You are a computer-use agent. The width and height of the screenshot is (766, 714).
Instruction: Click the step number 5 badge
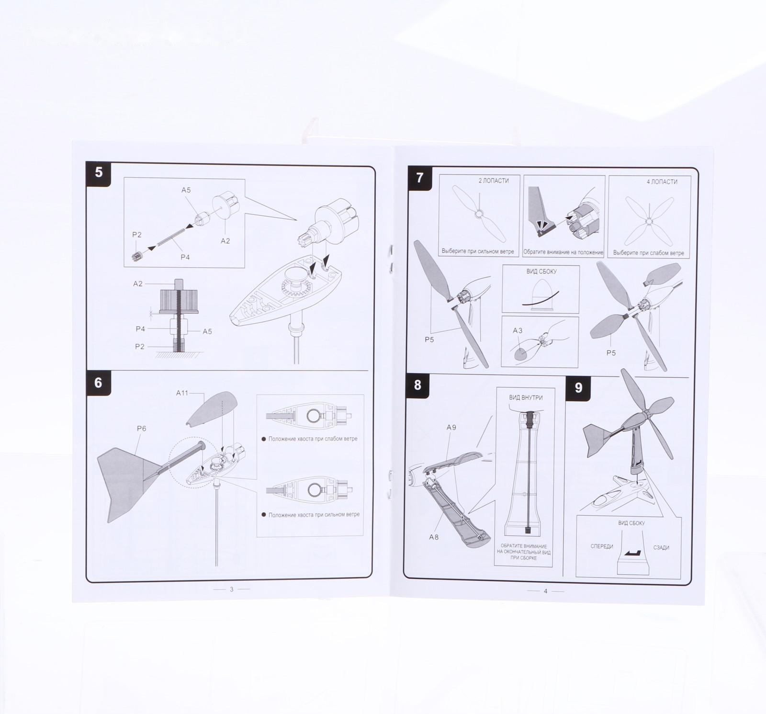click(x=99, y=173)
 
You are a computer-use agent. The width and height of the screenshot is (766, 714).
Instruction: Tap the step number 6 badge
click(x=99, y=383)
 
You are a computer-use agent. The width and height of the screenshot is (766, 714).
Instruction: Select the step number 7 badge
click(x=420, y=178)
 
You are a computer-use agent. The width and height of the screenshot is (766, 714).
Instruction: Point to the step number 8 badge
click(x=418, y=385)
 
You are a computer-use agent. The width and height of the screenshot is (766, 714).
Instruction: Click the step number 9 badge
click(x=578, y=387)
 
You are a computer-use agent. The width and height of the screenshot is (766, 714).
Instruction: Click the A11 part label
click(x=182, y=393)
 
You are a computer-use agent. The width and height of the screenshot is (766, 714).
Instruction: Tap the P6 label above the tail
click(x=142, y=429)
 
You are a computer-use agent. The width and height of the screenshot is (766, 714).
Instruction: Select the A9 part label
click(x=451, y=427)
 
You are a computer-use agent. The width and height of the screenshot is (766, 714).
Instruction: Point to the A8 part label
click(x=434, y=537)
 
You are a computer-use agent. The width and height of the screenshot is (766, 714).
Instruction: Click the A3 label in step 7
click(x=518, y=330)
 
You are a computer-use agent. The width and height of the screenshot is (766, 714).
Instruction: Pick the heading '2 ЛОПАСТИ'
click(x=494, y=181)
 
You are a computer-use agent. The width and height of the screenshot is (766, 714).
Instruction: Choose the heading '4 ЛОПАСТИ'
click(x=662, y=181)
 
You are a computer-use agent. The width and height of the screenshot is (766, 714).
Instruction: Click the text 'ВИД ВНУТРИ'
click(x=526, y=397)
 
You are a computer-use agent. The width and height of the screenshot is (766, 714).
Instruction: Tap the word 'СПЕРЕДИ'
click(x=602, y=546)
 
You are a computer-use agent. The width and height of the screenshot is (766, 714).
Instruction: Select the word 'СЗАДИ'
click(x=661, y=547)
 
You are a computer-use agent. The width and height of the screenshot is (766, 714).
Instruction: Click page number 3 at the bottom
click(x=232, y=589)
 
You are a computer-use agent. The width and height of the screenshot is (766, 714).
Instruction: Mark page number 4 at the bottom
click(x=545, y=591)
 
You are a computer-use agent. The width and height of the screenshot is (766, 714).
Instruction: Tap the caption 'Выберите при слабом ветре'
click(x=649, y=253)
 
